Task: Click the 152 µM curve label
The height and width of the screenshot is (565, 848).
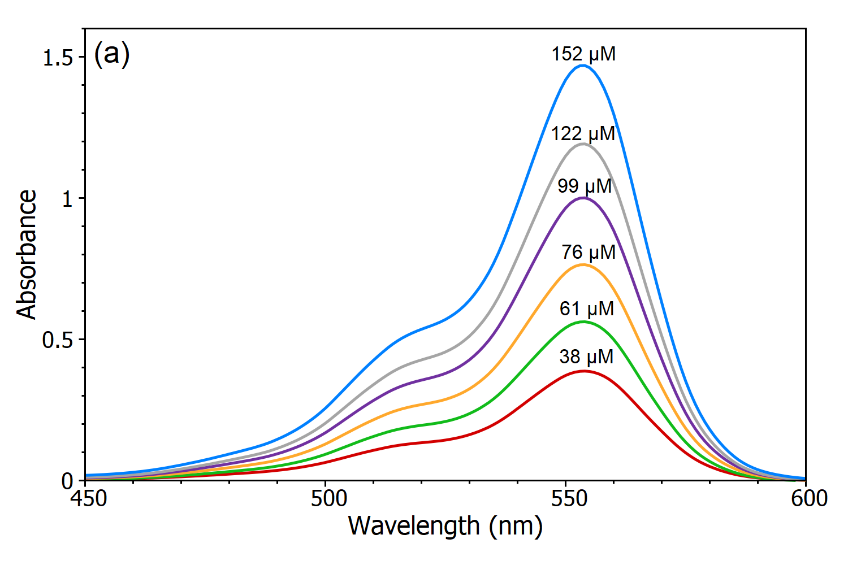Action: [x=583, y=54]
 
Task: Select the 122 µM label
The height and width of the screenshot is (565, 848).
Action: [x=583, y=134]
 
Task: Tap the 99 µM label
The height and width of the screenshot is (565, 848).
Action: [x=585, y=186]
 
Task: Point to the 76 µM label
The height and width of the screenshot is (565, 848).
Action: [x=589, y=252]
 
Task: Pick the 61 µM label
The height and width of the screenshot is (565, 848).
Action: [x=587, y=308]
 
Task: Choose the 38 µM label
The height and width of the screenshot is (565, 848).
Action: [x=586, y=357]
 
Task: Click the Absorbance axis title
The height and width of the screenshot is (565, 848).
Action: [x=27, y=254]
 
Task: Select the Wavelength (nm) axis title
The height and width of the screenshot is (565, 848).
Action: [x=445, y=525]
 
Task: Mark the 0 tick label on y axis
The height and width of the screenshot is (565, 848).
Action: [x=68, y=481]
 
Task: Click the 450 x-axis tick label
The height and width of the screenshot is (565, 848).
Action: [x=85, y=499]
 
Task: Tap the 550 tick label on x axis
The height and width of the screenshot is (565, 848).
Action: [x=568, y=499]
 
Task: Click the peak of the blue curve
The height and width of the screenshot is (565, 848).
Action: [x=583, y=66]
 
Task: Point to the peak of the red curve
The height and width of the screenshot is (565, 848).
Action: [x=583, y=371]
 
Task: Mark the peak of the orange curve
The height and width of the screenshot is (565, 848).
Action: [x=583, y=264]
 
